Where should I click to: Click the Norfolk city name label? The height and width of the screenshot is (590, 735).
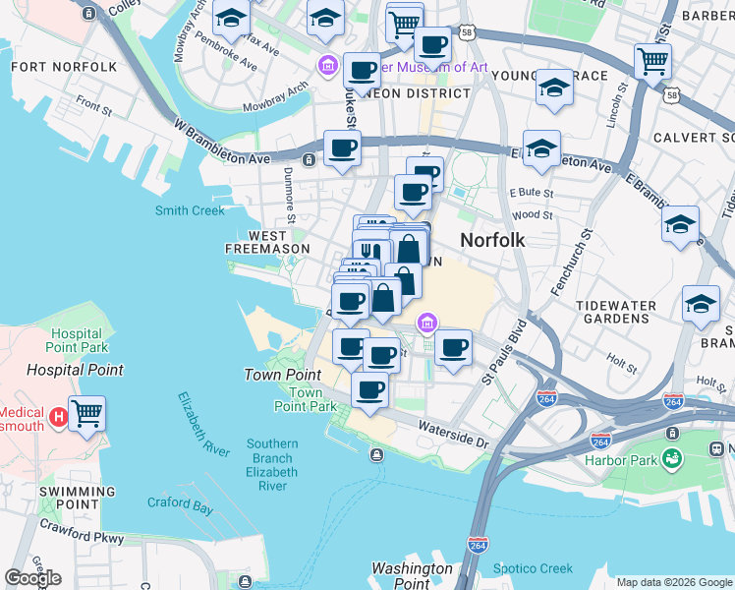(492, 240)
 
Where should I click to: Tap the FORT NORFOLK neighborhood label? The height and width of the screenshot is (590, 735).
(64, 67)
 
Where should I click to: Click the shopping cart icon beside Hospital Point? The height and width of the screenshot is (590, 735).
(87, 414)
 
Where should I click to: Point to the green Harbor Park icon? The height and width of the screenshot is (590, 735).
(672, 457)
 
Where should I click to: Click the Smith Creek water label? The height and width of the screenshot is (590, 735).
(190, 210)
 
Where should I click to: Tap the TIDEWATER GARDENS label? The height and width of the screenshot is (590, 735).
(630, 313)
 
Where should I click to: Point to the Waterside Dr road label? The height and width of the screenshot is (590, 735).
(452, 434)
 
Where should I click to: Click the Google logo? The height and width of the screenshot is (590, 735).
(32, 578)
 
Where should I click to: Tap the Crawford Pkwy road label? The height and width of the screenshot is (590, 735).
(82, 532)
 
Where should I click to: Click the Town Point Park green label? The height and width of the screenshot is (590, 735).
(299, 400)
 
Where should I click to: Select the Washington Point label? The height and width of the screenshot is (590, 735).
(412, 576)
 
